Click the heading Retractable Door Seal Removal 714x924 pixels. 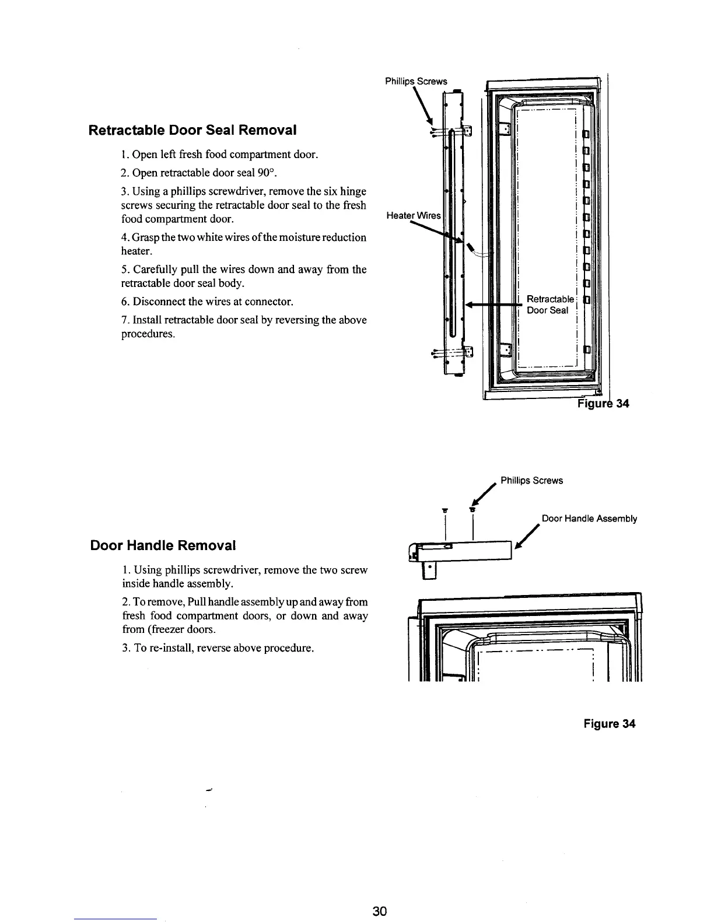[x=192, y=129]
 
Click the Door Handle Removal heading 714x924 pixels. [x=163, y=545]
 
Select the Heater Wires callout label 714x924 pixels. [x=414, y=216]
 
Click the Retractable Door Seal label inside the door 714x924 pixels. [x=550, y=304]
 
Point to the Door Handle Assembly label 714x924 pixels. [x=589, y=519]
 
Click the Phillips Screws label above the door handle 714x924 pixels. [x=531, y=481]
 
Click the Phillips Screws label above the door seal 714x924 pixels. [x=416, y=82]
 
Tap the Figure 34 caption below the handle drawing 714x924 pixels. [x=610, y=724]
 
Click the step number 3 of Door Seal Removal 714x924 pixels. [x=125, y=191]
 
